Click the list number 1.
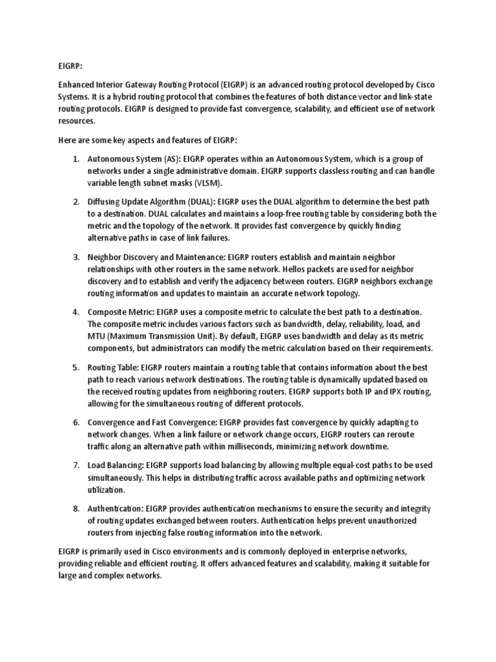75,159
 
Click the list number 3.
75,257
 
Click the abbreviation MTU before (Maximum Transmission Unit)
98,336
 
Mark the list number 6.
75,422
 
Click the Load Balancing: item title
116,465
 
